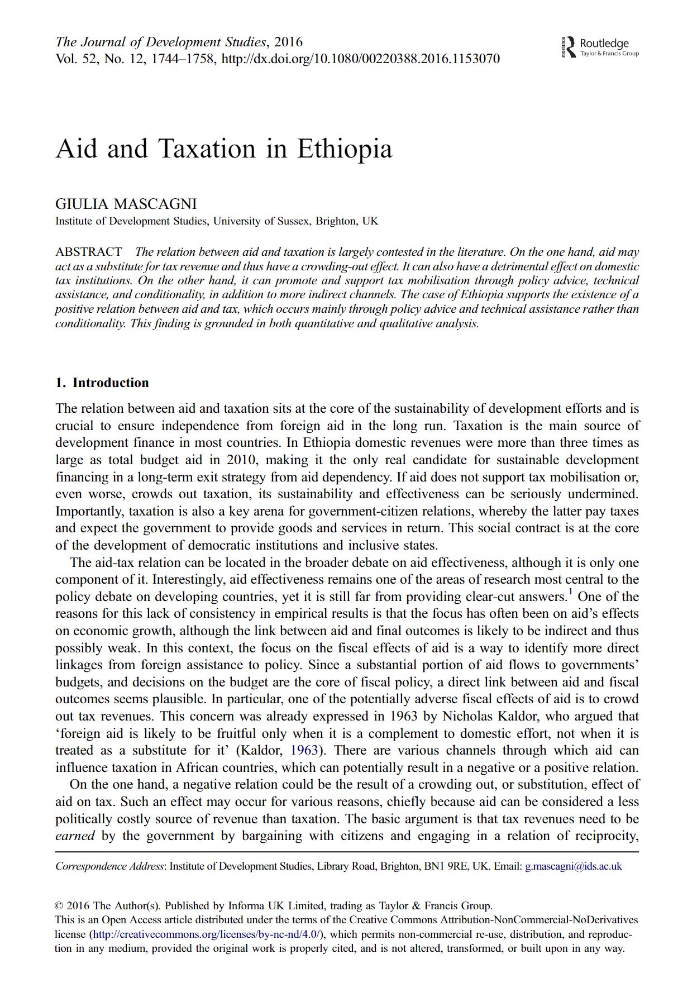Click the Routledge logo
(x=600, y=47)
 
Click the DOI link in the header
(x=360, y=59)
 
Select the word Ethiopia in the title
(x=345, y=149)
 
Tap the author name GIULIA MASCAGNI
(x=126, y=204)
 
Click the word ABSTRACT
(x=88, y=252)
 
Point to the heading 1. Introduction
(x=102, y=383)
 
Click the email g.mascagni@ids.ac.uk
(x=573, y=866)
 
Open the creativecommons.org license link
(x=207, y=934)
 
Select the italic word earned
(x=75, y=836)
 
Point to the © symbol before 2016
(x=59, y=906)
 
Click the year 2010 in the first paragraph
(x=241, y=460)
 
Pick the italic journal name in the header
(x=160, y=42)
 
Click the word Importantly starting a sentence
(x=89, y=512)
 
